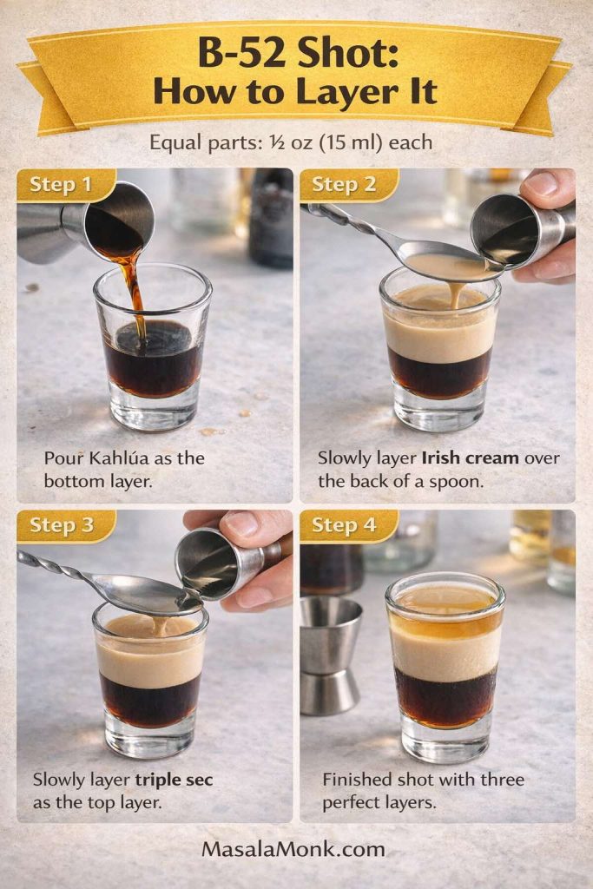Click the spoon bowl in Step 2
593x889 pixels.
(x=447, y=260)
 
